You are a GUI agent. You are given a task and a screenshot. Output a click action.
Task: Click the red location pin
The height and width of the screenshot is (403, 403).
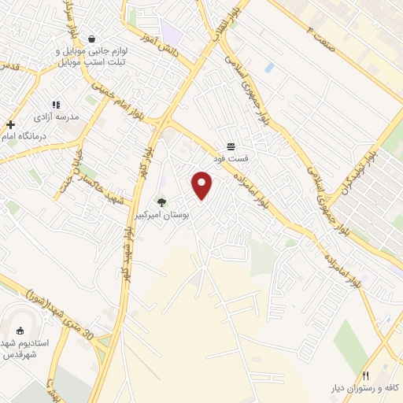tap(202, 185)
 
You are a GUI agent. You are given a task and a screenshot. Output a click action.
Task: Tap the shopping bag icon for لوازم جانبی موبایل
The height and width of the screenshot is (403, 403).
tap(92, 39)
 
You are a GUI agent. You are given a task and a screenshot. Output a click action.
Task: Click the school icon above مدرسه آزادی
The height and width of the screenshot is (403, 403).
tap(55, 104)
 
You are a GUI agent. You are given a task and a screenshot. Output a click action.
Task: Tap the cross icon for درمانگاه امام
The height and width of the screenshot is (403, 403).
tap(10, 124)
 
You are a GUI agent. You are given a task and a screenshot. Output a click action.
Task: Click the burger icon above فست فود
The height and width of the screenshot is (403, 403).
tap(231, 146)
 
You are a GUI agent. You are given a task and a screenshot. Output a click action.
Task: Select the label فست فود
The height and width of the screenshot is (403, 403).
tap(234, 157)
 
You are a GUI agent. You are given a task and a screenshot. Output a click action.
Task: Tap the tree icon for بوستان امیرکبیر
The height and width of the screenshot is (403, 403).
tap(162, 202)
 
